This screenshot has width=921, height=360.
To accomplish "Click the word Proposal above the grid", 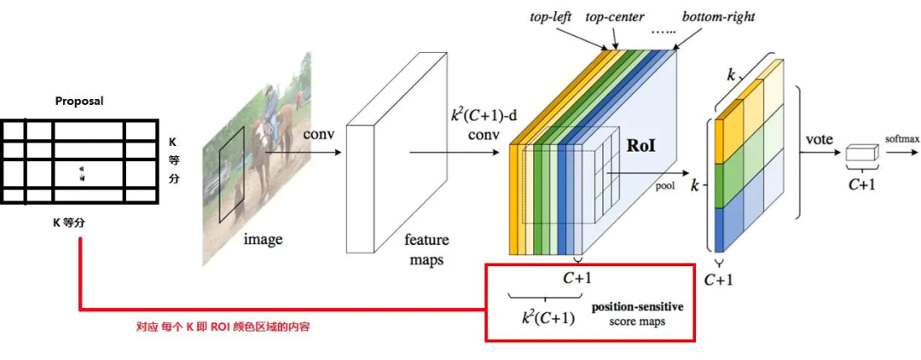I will pos(78,101).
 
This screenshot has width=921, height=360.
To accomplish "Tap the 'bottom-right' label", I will pos(719,17).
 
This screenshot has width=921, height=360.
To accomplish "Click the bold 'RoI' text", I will pos(641,145).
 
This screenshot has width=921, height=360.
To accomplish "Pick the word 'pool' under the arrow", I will pos(664,182).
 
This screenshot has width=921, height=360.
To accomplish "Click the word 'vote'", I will pos(819,138).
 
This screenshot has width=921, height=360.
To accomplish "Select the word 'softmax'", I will pos(902,137).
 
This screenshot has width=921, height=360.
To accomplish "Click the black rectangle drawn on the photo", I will pos(231,171).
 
